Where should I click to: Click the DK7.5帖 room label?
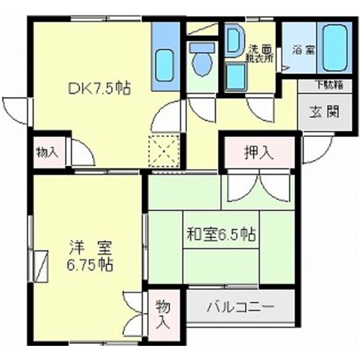99,89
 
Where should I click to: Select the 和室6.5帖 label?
221,235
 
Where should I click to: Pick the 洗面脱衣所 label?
260,51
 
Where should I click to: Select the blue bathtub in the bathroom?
339,48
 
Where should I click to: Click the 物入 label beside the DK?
47,152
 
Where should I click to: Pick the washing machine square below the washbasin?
236,78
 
